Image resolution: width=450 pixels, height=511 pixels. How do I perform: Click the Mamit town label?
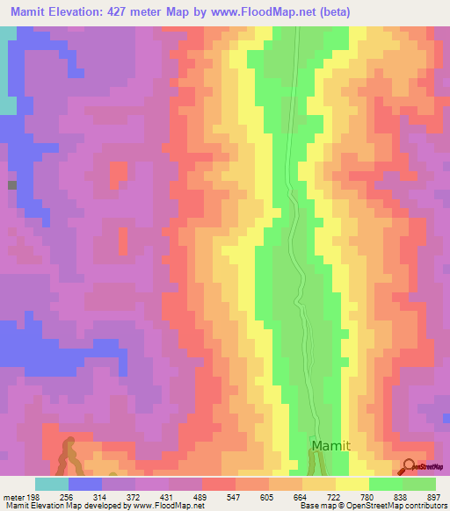(330, 446)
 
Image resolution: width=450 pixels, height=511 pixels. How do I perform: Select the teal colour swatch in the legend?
(52, 484)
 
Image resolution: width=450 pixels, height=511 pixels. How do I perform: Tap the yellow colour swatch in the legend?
(352, 484)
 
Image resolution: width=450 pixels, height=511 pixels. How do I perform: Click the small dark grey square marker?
(11, 185)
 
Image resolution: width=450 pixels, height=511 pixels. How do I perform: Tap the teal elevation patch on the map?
(7, 104)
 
